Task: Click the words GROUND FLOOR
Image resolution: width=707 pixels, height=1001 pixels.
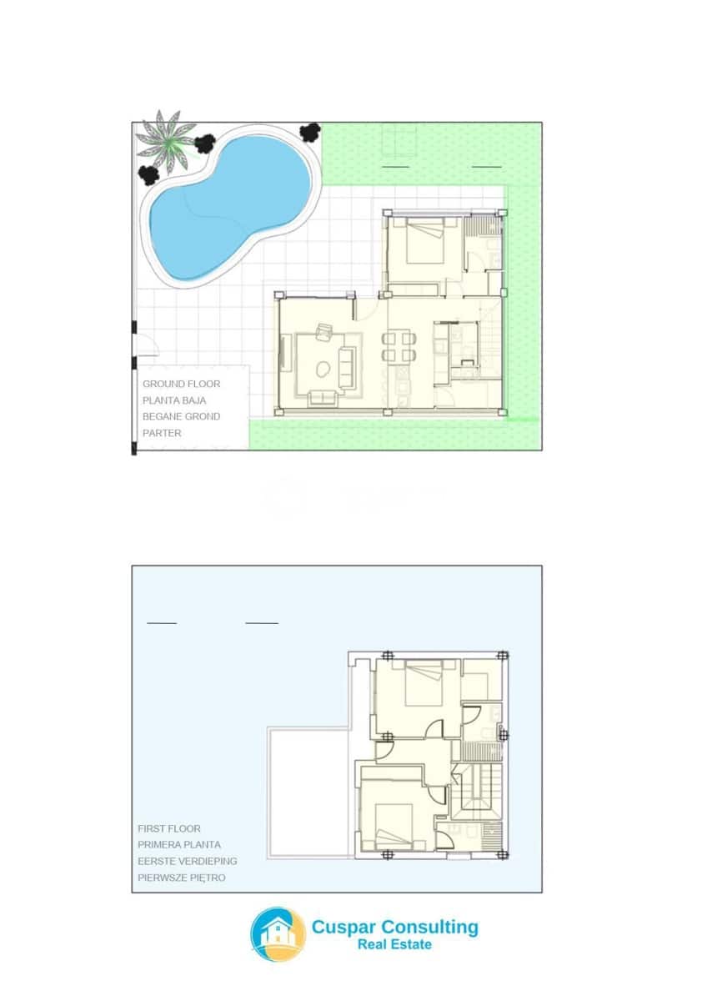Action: [181, 385]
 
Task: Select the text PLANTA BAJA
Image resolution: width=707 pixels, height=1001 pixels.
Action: [174, 400]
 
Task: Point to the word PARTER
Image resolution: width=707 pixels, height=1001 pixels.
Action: [162, 433]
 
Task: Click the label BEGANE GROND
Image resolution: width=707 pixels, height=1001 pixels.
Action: [181, 416]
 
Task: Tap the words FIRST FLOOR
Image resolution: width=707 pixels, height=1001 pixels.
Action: [169, 829]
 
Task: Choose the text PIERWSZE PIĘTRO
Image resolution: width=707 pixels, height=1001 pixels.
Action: [181, 878]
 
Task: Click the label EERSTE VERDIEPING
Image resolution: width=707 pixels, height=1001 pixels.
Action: [187, 861]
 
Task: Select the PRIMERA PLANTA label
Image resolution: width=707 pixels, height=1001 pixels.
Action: [179, 845]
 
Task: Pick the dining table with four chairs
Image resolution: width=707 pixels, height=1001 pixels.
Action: [399, 347]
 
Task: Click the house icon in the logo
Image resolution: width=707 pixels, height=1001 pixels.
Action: [278, 934]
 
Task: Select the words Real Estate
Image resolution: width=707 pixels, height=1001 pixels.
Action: [394, 944]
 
